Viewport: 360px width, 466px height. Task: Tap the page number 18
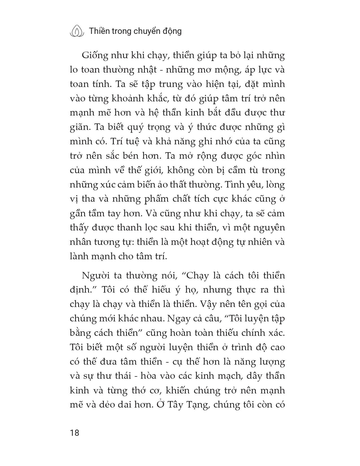[75, 433]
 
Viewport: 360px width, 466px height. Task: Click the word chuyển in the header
[149, 31]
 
